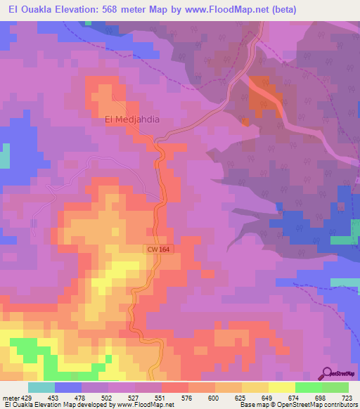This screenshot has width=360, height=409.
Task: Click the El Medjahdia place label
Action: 131,119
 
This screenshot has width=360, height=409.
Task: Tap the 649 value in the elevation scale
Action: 268,398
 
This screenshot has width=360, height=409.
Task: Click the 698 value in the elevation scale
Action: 321,398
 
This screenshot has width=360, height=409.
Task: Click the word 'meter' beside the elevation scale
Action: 10,398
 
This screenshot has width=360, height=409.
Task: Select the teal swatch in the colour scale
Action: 41,387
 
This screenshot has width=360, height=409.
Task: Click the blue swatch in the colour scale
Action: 68,387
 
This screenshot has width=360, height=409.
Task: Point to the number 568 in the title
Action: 112,10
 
